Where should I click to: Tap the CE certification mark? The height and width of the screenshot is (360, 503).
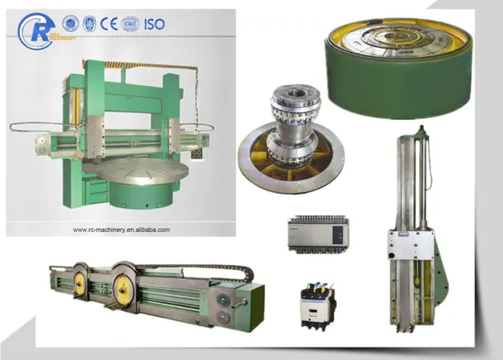pyautogui.click(x=109, y=23)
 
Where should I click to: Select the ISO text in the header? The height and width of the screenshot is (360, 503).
pyautogui.click(x=154, y=23)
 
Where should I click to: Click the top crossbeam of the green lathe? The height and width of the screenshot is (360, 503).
pyautogui.click(x=137, y=69)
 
